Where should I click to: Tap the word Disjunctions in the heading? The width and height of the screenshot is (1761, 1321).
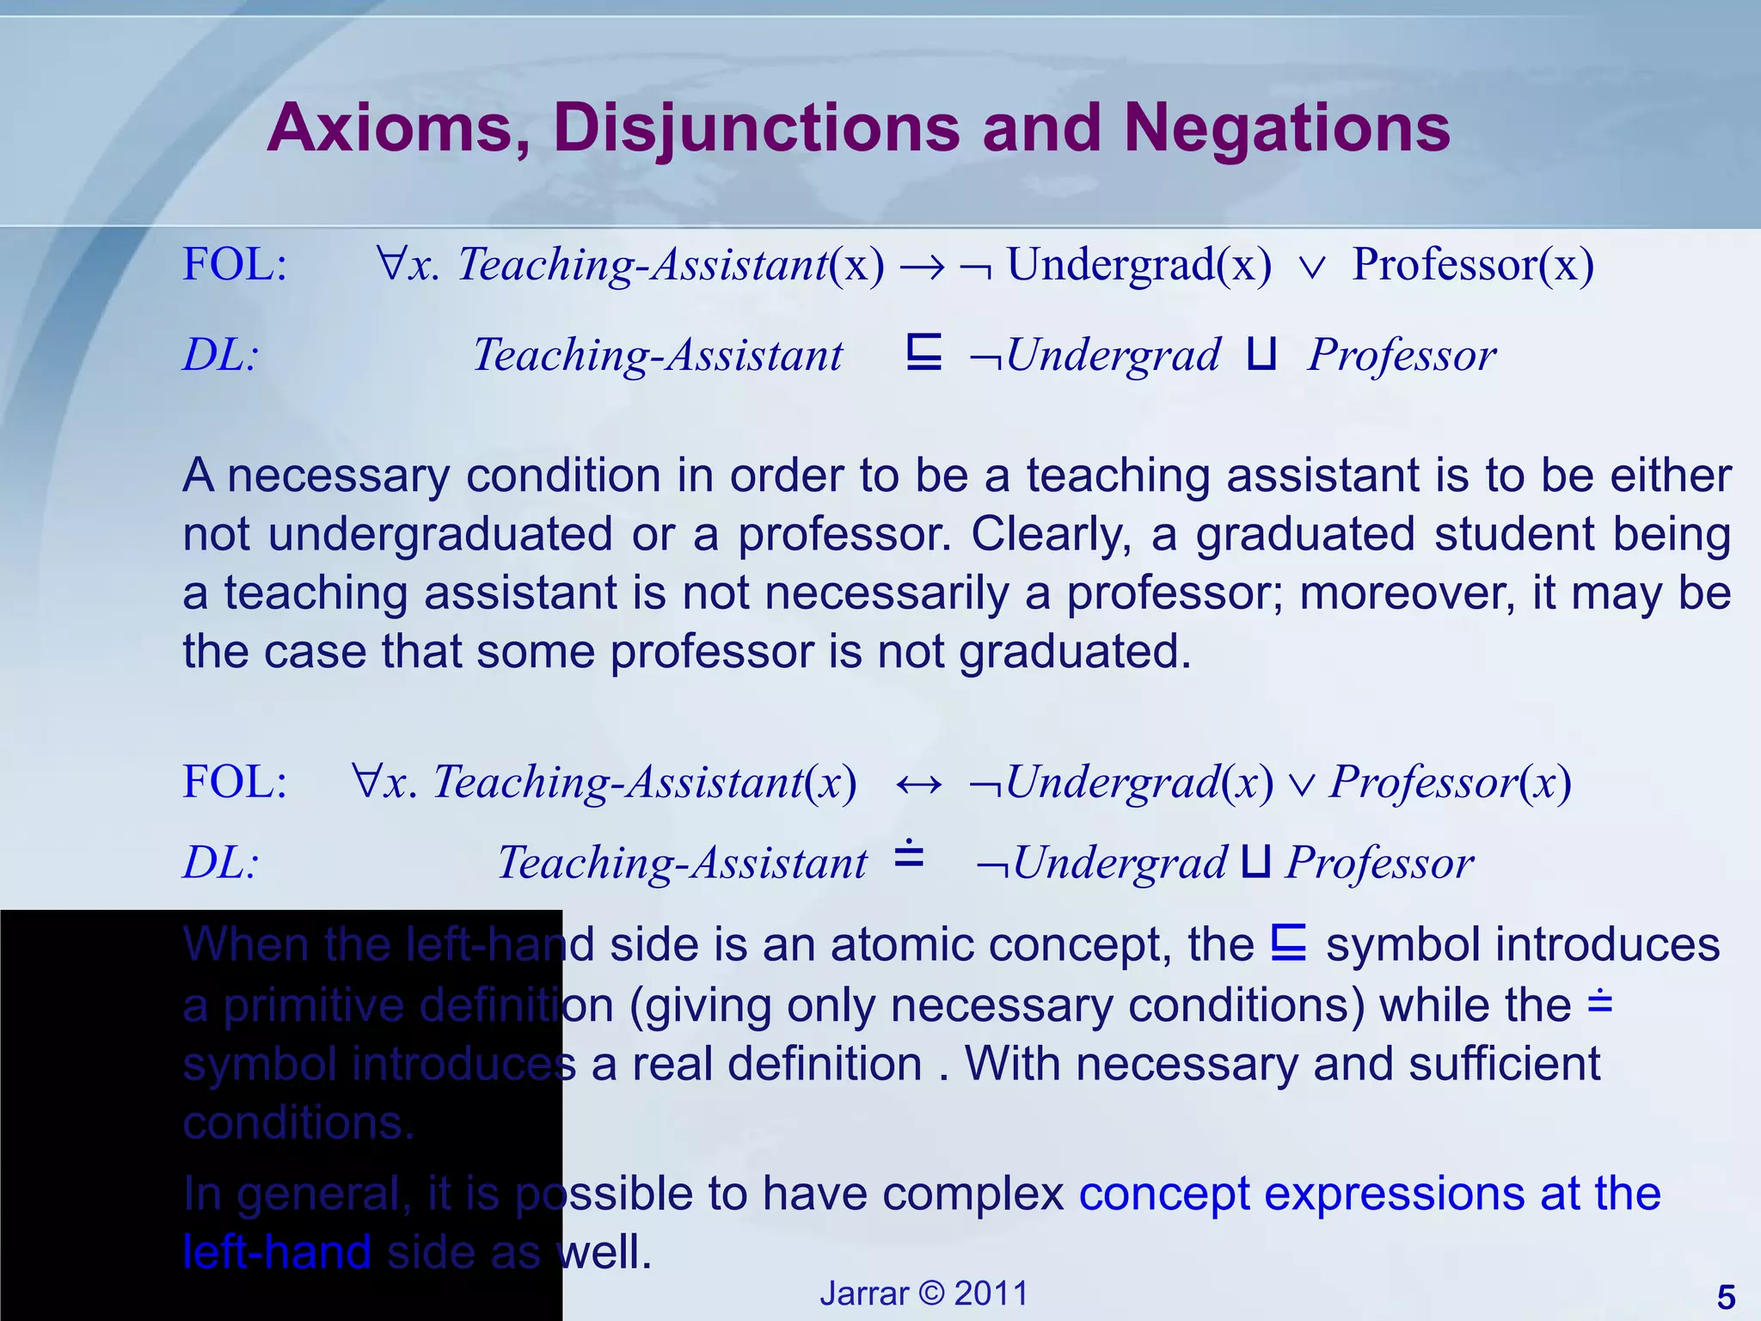(757, 129)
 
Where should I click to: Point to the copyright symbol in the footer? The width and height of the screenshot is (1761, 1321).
(921, 1293)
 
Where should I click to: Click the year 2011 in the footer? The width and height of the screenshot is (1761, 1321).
(991, 1293)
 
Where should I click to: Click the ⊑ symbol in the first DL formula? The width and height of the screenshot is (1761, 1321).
(924, 353)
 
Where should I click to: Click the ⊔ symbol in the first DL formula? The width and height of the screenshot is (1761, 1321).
(1261, 353)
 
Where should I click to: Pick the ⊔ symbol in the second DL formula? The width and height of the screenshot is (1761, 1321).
(1255, 863)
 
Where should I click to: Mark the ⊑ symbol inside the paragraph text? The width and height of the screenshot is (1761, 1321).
(1289, 943)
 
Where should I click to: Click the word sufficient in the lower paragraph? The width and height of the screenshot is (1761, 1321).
(1505, 1064)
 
